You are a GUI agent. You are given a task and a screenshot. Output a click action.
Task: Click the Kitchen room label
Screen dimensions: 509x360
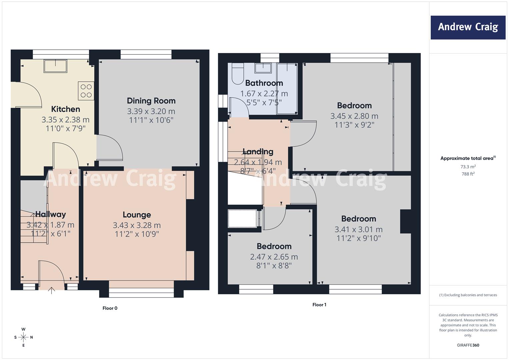click(65, 109)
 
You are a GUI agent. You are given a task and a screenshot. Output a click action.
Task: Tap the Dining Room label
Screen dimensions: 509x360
click(151, 101)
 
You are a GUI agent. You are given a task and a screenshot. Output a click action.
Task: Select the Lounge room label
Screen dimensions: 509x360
click(137, 215)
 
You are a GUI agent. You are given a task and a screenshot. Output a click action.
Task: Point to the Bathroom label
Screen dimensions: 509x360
click(264, 83)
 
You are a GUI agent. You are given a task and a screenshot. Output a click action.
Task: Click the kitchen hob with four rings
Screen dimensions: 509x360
click(86, 91)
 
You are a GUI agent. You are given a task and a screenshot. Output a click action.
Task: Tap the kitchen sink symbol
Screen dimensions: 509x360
click(55, 66)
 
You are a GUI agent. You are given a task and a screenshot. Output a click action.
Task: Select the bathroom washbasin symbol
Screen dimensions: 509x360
click(263, 68)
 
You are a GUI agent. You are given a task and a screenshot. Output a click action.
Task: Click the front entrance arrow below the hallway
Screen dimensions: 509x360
click(52, 290)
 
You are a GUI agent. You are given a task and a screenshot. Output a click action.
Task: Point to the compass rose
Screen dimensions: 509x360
click(23, 337)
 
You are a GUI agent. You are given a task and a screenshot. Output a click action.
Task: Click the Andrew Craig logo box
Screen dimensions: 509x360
click(468, 27)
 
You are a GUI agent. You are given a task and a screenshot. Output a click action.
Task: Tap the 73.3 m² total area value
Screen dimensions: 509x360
click(468, 167)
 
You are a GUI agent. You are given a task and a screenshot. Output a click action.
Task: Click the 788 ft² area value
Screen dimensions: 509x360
click(468, 174)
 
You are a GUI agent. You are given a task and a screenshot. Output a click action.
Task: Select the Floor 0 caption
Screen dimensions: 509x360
click(110, 308)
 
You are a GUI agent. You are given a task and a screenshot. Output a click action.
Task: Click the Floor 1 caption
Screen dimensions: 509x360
click(319, 305)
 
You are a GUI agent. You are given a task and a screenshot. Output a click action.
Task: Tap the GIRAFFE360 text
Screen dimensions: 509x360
click(468, 345)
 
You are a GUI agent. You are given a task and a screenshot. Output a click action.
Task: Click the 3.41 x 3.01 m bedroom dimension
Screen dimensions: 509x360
click(359, 230)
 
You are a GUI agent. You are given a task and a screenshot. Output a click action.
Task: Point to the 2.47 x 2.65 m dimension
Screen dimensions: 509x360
click(274, 257)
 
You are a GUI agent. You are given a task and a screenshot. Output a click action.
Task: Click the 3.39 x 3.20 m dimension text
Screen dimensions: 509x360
click(151, 111)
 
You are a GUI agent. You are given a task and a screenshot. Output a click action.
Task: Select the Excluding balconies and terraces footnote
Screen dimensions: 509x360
click(468, 295)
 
